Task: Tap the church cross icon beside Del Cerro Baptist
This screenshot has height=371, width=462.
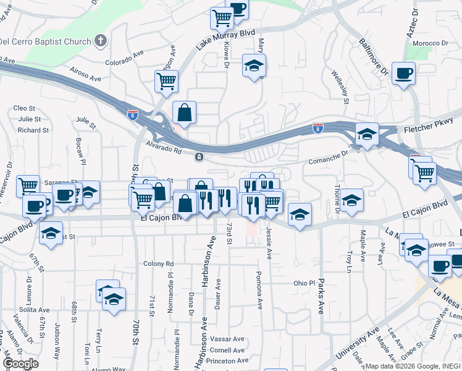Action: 100,41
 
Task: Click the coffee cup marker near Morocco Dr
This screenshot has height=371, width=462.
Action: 403,74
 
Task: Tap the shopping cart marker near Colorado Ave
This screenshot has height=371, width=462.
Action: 166,81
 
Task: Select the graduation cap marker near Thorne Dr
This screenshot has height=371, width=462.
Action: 352,200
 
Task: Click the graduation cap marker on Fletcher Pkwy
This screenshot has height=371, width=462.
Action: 367,134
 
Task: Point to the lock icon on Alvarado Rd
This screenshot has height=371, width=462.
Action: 199,157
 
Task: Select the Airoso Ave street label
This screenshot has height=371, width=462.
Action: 85,75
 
